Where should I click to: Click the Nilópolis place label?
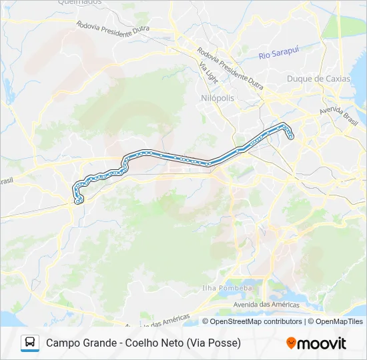coord(218,98)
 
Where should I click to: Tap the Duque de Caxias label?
coord(318,79)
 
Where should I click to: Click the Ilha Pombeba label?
coord(228,288)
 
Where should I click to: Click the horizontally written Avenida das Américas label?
coord(266,305)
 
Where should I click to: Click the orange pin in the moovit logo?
coord(292,343)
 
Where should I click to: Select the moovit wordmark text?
coord(322,343)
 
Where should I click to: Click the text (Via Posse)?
coord(215,343)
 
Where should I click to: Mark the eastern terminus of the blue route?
coord(291,137)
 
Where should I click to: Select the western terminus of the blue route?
coord(79,200)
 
